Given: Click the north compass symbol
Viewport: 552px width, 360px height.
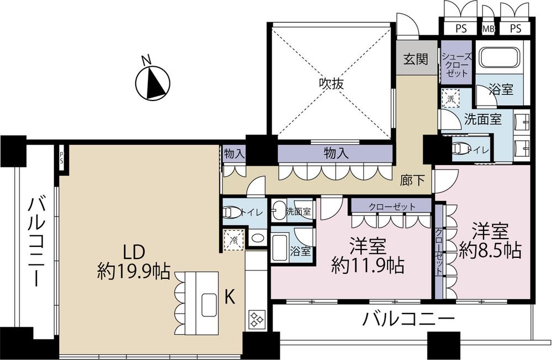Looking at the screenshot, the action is (153, 82).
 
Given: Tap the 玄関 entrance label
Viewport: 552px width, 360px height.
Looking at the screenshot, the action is (416, 59).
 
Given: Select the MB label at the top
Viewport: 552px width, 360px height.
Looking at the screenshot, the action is (488, 29).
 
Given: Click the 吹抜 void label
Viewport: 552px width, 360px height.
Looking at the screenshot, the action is (331, 83).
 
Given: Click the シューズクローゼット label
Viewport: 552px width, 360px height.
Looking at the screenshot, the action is (457, 65).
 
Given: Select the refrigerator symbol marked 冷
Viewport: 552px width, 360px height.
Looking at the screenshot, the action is (233, 240).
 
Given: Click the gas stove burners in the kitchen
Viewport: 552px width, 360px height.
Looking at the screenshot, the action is (256, 319).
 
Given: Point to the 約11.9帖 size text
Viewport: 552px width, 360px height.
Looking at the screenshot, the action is (368, 266).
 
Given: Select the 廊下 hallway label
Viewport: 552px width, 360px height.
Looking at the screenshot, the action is (412, 181).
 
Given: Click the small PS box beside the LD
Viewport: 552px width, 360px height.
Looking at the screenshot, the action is (62, 158).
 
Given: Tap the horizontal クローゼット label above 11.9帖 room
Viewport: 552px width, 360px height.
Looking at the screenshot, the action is (392, 207).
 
